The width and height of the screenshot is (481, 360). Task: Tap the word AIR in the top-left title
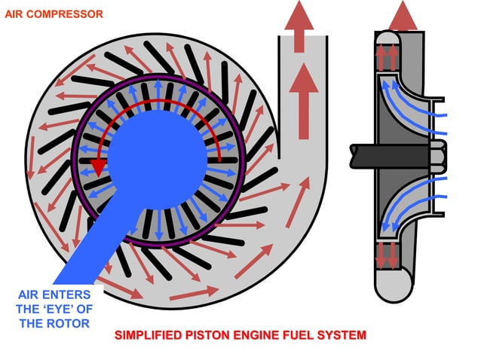[16, 14]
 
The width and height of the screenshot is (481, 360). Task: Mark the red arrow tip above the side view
[404, 14]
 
